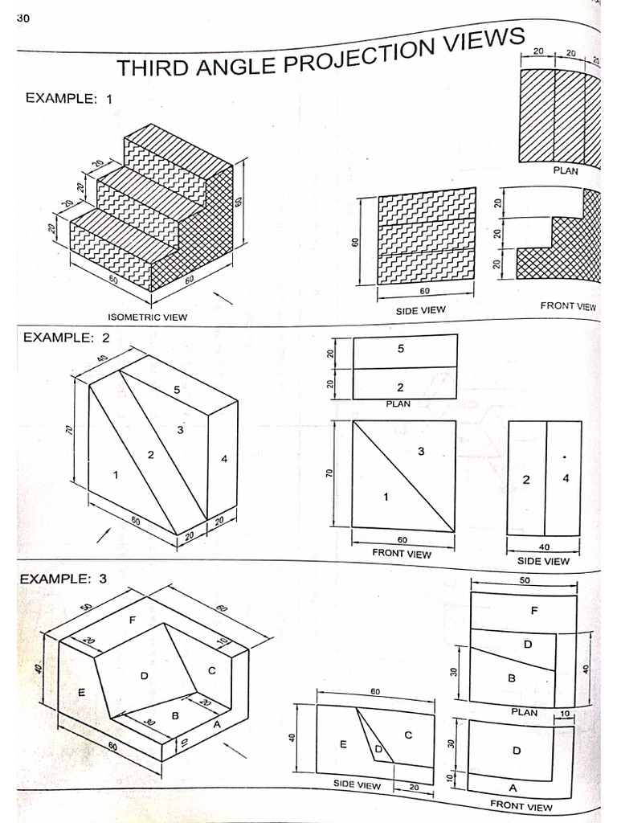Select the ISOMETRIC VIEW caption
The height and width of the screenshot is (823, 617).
[x=148, y=317]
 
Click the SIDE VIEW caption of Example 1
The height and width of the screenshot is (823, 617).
[x=420, y=309]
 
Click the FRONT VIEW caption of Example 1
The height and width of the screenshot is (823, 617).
[x=568, y=306]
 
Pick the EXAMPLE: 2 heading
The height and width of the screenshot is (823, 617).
[x=67, y=338]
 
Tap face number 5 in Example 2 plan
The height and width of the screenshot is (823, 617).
[x=400, y=349]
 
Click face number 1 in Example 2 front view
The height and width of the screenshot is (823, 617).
[x=385, y=497]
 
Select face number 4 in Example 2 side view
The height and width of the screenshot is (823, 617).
[x=565, y=479]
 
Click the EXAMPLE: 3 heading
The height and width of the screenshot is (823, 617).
[x=63, y=579]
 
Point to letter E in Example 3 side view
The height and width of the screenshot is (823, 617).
[x=343, y=743]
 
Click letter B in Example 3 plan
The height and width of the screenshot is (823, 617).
[x=512, y=678]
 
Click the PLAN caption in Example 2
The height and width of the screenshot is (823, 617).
[x=398, y=404]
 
